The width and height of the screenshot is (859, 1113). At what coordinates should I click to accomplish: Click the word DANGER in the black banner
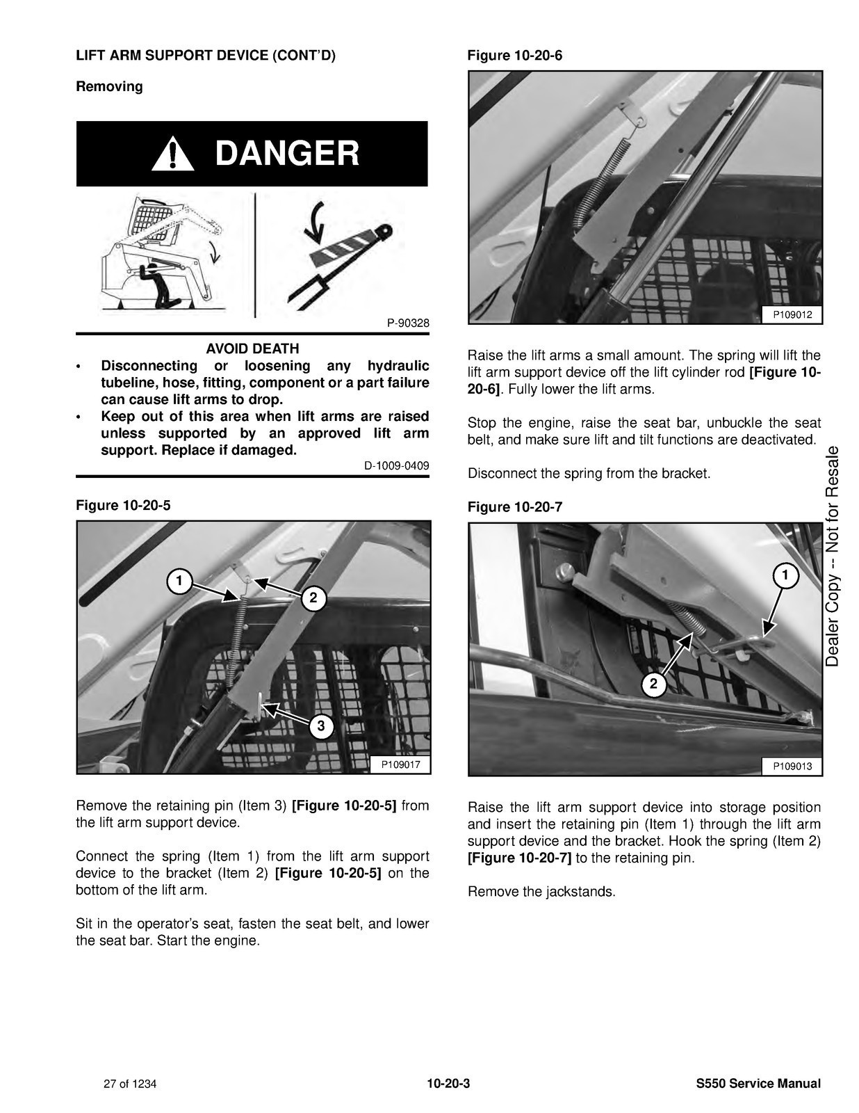287,153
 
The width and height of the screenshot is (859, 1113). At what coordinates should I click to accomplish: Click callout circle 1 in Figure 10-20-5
179,581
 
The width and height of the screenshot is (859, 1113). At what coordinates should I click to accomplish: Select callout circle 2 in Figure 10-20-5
313,598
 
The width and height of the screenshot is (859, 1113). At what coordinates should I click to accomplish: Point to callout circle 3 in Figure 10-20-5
321,726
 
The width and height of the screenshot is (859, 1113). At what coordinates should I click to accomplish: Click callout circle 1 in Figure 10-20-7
785,576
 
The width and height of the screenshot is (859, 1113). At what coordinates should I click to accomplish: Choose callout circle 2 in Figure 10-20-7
653,684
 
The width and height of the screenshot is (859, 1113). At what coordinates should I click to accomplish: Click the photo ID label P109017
400,765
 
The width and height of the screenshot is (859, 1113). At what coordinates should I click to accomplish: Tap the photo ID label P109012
792,315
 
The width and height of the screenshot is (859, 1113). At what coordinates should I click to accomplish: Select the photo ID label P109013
792,767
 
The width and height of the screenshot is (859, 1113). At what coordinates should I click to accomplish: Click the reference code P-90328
408,323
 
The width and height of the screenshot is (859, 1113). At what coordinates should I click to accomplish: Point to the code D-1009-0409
397,465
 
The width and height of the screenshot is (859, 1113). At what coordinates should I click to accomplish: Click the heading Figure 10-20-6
515,56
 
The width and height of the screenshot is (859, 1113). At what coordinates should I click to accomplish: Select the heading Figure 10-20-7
515,507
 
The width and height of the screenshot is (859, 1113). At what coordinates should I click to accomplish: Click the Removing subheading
110,86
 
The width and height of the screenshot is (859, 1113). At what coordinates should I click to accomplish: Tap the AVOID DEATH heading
252,349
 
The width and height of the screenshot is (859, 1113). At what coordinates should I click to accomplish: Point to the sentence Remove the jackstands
541,892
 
